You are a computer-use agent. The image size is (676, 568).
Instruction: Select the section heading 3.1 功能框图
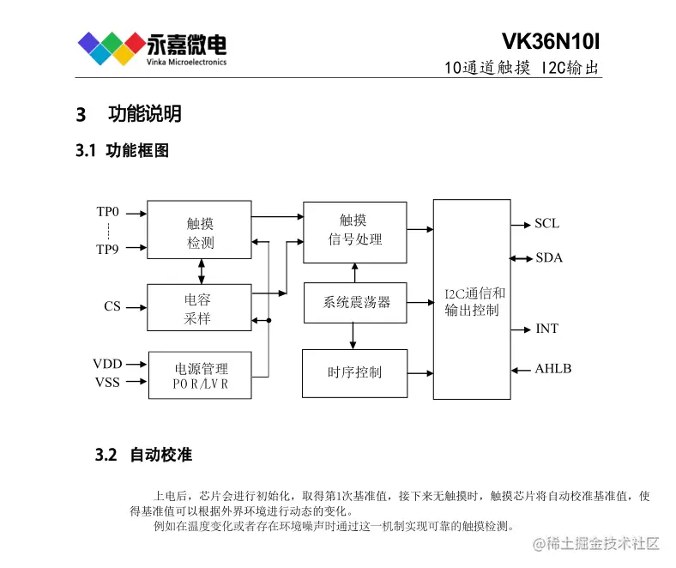point(122,151)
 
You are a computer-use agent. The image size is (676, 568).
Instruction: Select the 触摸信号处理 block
point(354,230)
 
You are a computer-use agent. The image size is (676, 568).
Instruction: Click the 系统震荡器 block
point(355,302)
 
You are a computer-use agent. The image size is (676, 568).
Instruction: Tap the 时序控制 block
point(354,372)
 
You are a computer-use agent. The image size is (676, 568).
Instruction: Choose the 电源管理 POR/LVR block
point(200,377)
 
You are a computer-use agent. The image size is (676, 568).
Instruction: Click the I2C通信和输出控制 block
point(471,299)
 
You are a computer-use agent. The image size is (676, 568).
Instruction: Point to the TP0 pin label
point(108,211)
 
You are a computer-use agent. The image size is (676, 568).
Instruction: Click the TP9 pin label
point(108,249)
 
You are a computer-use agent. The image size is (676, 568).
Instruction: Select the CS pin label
point(112,306)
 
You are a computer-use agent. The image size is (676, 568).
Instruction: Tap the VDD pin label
point(107,364)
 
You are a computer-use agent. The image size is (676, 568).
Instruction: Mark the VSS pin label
point(107,382)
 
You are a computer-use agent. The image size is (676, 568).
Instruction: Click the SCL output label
point(546,224)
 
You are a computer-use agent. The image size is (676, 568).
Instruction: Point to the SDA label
point(548,258)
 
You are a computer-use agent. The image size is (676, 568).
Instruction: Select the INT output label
point(546,329)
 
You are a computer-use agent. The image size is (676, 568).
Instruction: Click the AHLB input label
point(552,369)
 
